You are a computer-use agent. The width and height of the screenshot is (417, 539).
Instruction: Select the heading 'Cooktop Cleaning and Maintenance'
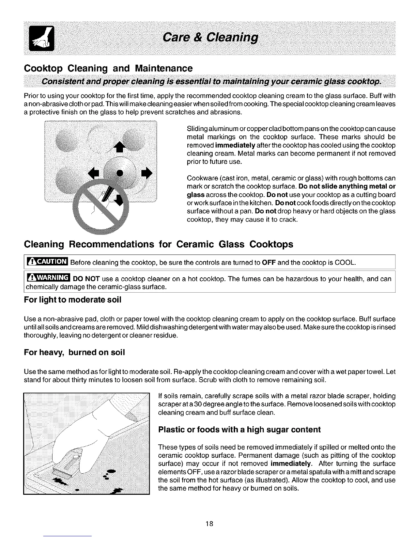108,68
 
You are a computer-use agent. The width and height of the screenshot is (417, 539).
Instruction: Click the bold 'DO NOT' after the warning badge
87,279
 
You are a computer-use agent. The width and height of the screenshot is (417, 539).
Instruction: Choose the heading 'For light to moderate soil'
73,300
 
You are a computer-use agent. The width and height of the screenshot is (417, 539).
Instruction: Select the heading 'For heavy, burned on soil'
74,353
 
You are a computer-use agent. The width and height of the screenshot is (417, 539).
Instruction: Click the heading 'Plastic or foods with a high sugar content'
240,429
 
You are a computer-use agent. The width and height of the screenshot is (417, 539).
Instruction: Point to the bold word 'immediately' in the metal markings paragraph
235,145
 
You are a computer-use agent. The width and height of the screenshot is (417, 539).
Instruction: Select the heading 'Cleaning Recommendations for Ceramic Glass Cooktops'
158,244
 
